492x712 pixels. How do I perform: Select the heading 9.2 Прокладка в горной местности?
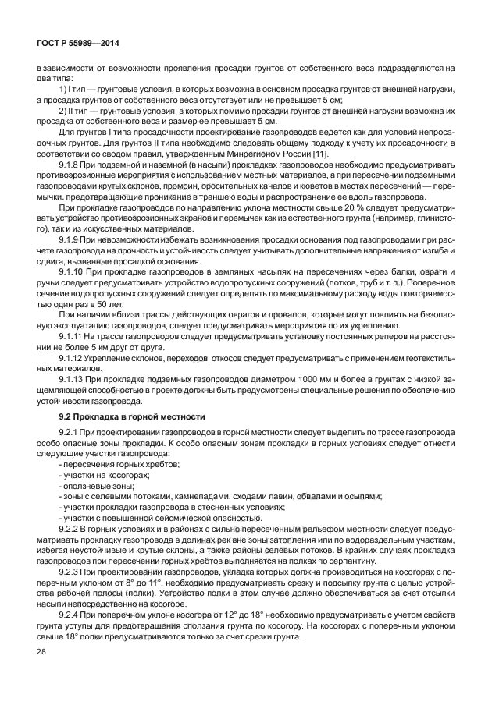point(133,416)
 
